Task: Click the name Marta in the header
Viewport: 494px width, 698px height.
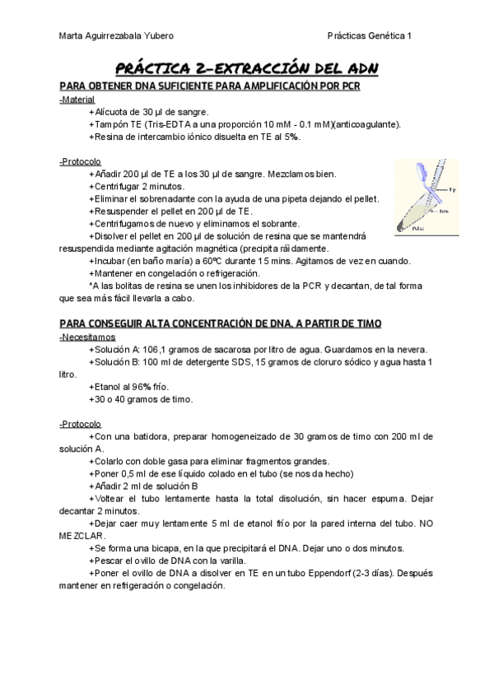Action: coord(73,36)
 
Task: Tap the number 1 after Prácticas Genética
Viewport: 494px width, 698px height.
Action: coord(410,36)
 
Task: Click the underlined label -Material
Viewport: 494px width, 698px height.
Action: coord(77,99)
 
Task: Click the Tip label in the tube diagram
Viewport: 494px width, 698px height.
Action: coord(453,189)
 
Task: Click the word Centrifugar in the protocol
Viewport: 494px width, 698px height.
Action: coord(119,186)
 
